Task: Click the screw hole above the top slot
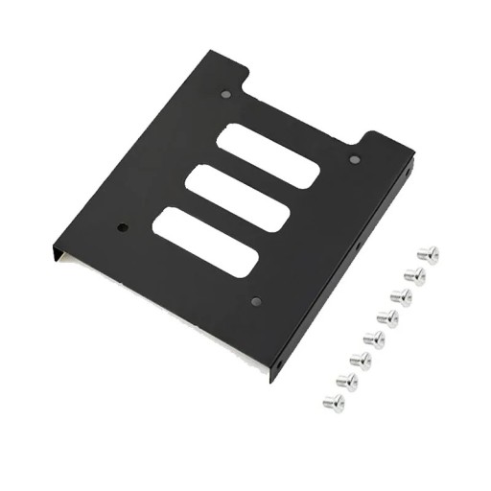225,95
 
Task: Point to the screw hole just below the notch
354,159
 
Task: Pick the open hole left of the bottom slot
123,228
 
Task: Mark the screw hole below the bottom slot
255,301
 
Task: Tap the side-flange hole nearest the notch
409,175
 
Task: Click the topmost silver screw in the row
428,254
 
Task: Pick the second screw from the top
414,275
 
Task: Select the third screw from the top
401,296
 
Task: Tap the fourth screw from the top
387,317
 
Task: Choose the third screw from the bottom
361,360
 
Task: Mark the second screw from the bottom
347,381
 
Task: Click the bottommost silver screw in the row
334,402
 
